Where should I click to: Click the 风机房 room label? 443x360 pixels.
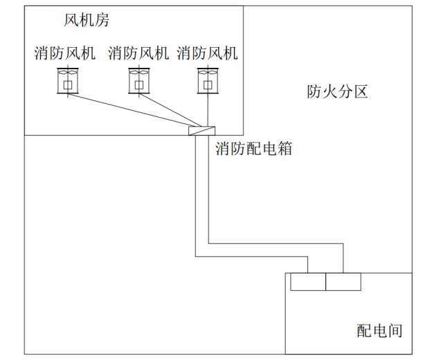coord(86,20)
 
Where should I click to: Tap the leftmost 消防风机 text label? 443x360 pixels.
coord(65,53)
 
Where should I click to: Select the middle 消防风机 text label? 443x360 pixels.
coord(138,53)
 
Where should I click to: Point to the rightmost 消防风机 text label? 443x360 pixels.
coord(208,53)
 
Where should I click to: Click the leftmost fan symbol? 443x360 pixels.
coord(68,81)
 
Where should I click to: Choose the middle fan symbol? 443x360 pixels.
coord(139,81)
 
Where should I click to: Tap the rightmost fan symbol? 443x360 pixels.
coord(208,81)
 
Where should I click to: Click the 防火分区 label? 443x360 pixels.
coord(337,91)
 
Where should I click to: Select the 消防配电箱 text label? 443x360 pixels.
coord(254,148)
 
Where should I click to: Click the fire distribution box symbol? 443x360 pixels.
coord(201,131)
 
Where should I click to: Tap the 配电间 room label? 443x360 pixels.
coord(379,331)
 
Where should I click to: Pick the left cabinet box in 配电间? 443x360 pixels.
coord(308,282)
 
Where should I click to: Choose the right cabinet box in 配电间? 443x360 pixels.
coord(343,282)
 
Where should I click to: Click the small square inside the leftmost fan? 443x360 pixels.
coord(68,84)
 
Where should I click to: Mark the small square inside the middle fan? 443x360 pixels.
coord(139,84)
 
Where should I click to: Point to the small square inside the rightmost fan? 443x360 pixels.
coord(208,84)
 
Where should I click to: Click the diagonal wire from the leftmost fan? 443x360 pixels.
coord(134,110)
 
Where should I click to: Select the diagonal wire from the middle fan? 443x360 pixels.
coord(170,110)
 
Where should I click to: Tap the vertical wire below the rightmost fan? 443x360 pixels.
coord(208,109)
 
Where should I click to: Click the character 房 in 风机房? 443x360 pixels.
coord(102,20)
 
